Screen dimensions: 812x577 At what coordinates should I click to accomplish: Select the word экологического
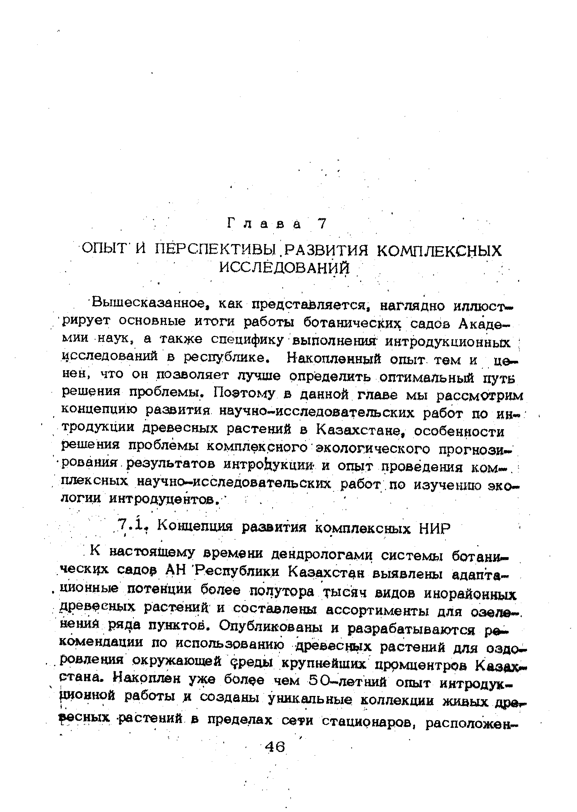(x=373, y=448)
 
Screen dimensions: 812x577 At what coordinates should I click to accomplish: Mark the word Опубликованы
(x=269, y=628)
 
